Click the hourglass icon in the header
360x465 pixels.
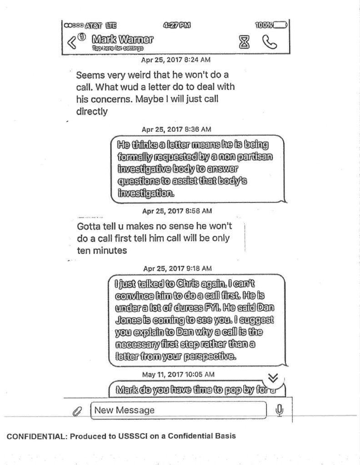[x=245, y=42]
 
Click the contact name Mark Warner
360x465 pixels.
[x=122, y=39]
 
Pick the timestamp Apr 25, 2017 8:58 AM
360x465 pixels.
[x=177, y=211]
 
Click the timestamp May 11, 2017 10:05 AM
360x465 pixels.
[x=178, y=375]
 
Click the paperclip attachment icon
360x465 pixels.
[x=77, y=411]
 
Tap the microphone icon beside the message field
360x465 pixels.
[x=280, y=410]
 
